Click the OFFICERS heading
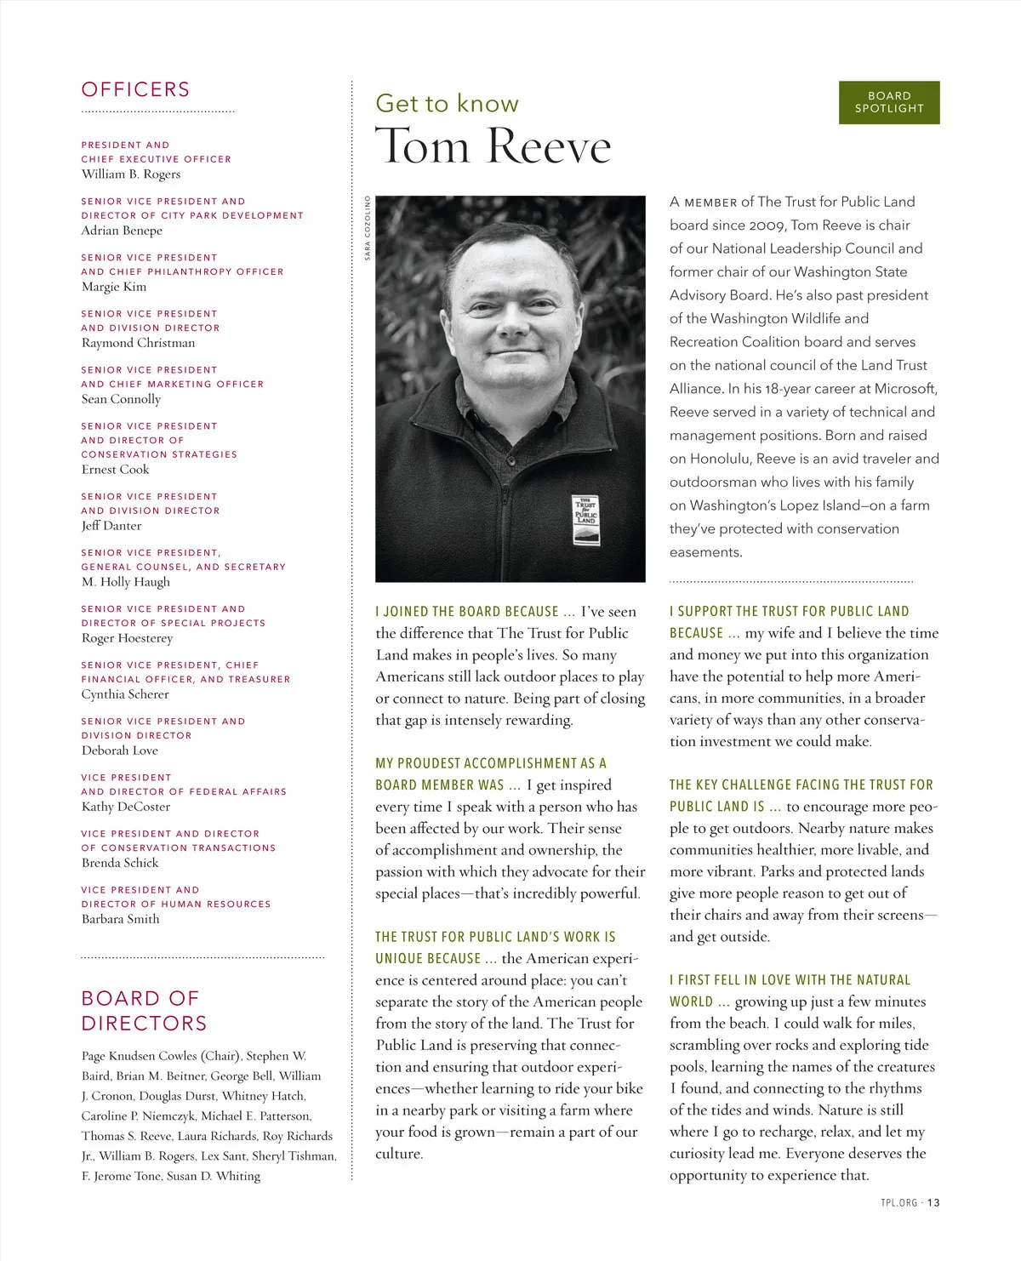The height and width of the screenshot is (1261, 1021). tap(135, 89)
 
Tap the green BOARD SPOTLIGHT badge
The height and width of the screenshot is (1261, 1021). tap(889, 102)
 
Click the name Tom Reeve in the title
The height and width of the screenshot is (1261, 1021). tap(493, 145)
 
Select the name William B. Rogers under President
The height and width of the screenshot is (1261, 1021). tap(131, 174)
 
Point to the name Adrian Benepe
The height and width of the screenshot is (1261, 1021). tap(122, 230)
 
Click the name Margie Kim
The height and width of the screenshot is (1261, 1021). tap(114, 286)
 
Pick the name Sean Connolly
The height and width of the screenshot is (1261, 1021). tap(121, 398)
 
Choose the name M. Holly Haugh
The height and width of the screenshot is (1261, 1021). tap(126, 581)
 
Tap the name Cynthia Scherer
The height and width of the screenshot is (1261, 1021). tap(125, 693)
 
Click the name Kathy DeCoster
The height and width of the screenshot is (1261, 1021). tap(126, 806)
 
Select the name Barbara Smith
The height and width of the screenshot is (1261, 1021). tap(120, 918)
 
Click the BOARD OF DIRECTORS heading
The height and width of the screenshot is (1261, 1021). tap(144, 1010)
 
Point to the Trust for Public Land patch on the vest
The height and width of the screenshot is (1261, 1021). tap(586, 520)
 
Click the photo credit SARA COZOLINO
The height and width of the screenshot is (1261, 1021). tap(368, 227)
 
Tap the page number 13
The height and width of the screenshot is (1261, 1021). tap(933, 1202)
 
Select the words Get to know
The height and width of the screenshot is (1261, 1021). tap(447, 103)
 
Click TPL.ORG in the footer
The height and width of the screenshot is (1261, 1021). tap(899, 1202)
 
